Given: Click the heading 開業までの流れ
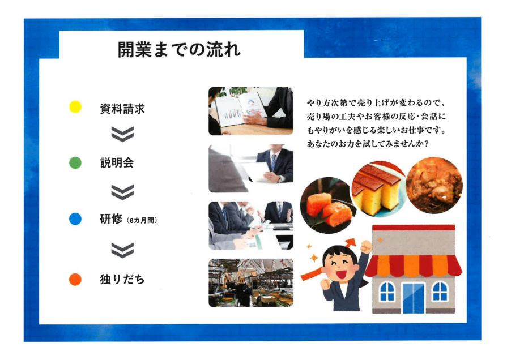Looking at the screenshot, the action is coord(179,50).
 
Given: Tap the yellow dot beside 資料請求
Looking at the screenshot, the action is coord(75,106).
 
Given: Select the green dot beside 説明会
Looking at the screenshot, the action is coord(75,162).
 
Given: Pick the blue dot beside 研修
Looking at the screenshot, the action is coord(75,219).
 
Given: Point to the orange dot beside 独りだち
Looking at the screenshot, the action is coord(75,279).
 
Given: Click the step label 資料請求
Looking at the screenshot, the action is coord(122,109).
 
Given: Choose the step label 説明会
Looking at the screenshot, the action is coord(117,162).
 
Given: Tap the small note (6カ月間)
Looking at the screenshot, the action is coord(142,220).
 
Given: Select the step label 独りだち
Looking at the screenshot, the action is coord(122,279).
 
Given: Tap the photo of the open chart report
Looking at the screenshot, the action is coord(251,111).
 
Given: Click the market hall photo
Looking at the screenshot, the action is coord(251,283).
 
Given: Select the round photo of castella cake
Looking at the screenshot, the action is coord(379,189).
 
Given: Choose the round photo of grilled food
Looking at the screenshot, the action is coord(434,185).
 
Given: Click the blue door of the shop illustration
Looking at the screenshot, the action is coord(414,298).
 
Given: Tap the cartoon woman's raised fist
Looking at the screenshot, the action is coord(367,247).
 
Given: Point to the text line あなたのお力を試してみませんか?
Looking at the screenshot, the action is coord(368,144).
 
